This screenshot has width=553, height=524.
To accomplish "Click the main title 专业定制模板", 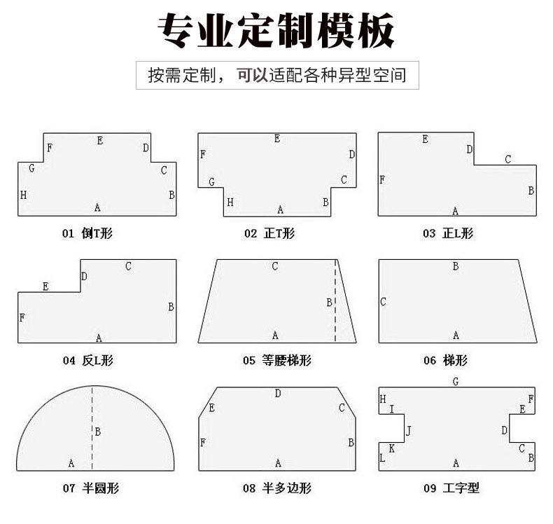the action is coord(276,32).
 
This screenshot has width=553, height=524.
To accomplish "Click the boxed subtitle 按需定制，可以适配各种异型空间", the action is coord(276,75).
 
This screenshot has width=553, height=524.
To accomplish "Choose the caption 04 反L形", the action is coord(87,361).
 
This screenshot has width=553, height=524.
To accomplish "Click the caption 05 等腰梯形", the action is coord(277,361).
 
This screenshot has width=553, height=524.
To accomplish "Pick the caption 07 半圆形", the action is coord(87,489).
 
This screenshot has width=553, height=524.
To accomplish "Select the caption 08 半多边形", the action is coord(277,489).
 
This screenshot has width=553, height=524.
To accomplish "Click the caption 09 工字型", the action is coord(451,489).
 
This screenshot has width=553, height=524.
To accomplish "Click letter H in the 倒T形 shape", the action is coord(23,195).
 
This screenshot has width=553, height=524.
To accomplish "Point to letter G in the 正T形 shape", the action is coord(211,182).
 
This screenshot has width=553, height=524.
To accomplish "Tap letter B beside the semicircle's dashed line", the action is coord(98,432).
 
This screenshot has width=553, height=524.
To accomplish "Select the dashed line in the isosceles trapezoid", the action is coord(336,322).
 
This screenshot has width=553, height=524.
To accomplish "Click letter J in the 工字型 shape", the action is coord(409,431).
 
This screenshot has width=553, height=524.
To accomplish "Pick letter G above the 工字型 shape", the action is coord(456,382).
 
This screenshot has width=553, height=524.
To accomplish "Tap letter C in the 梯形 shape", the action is coord(384,302).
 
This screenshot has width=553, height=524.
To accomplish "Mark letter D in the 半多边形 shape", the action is coord(278,394).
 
